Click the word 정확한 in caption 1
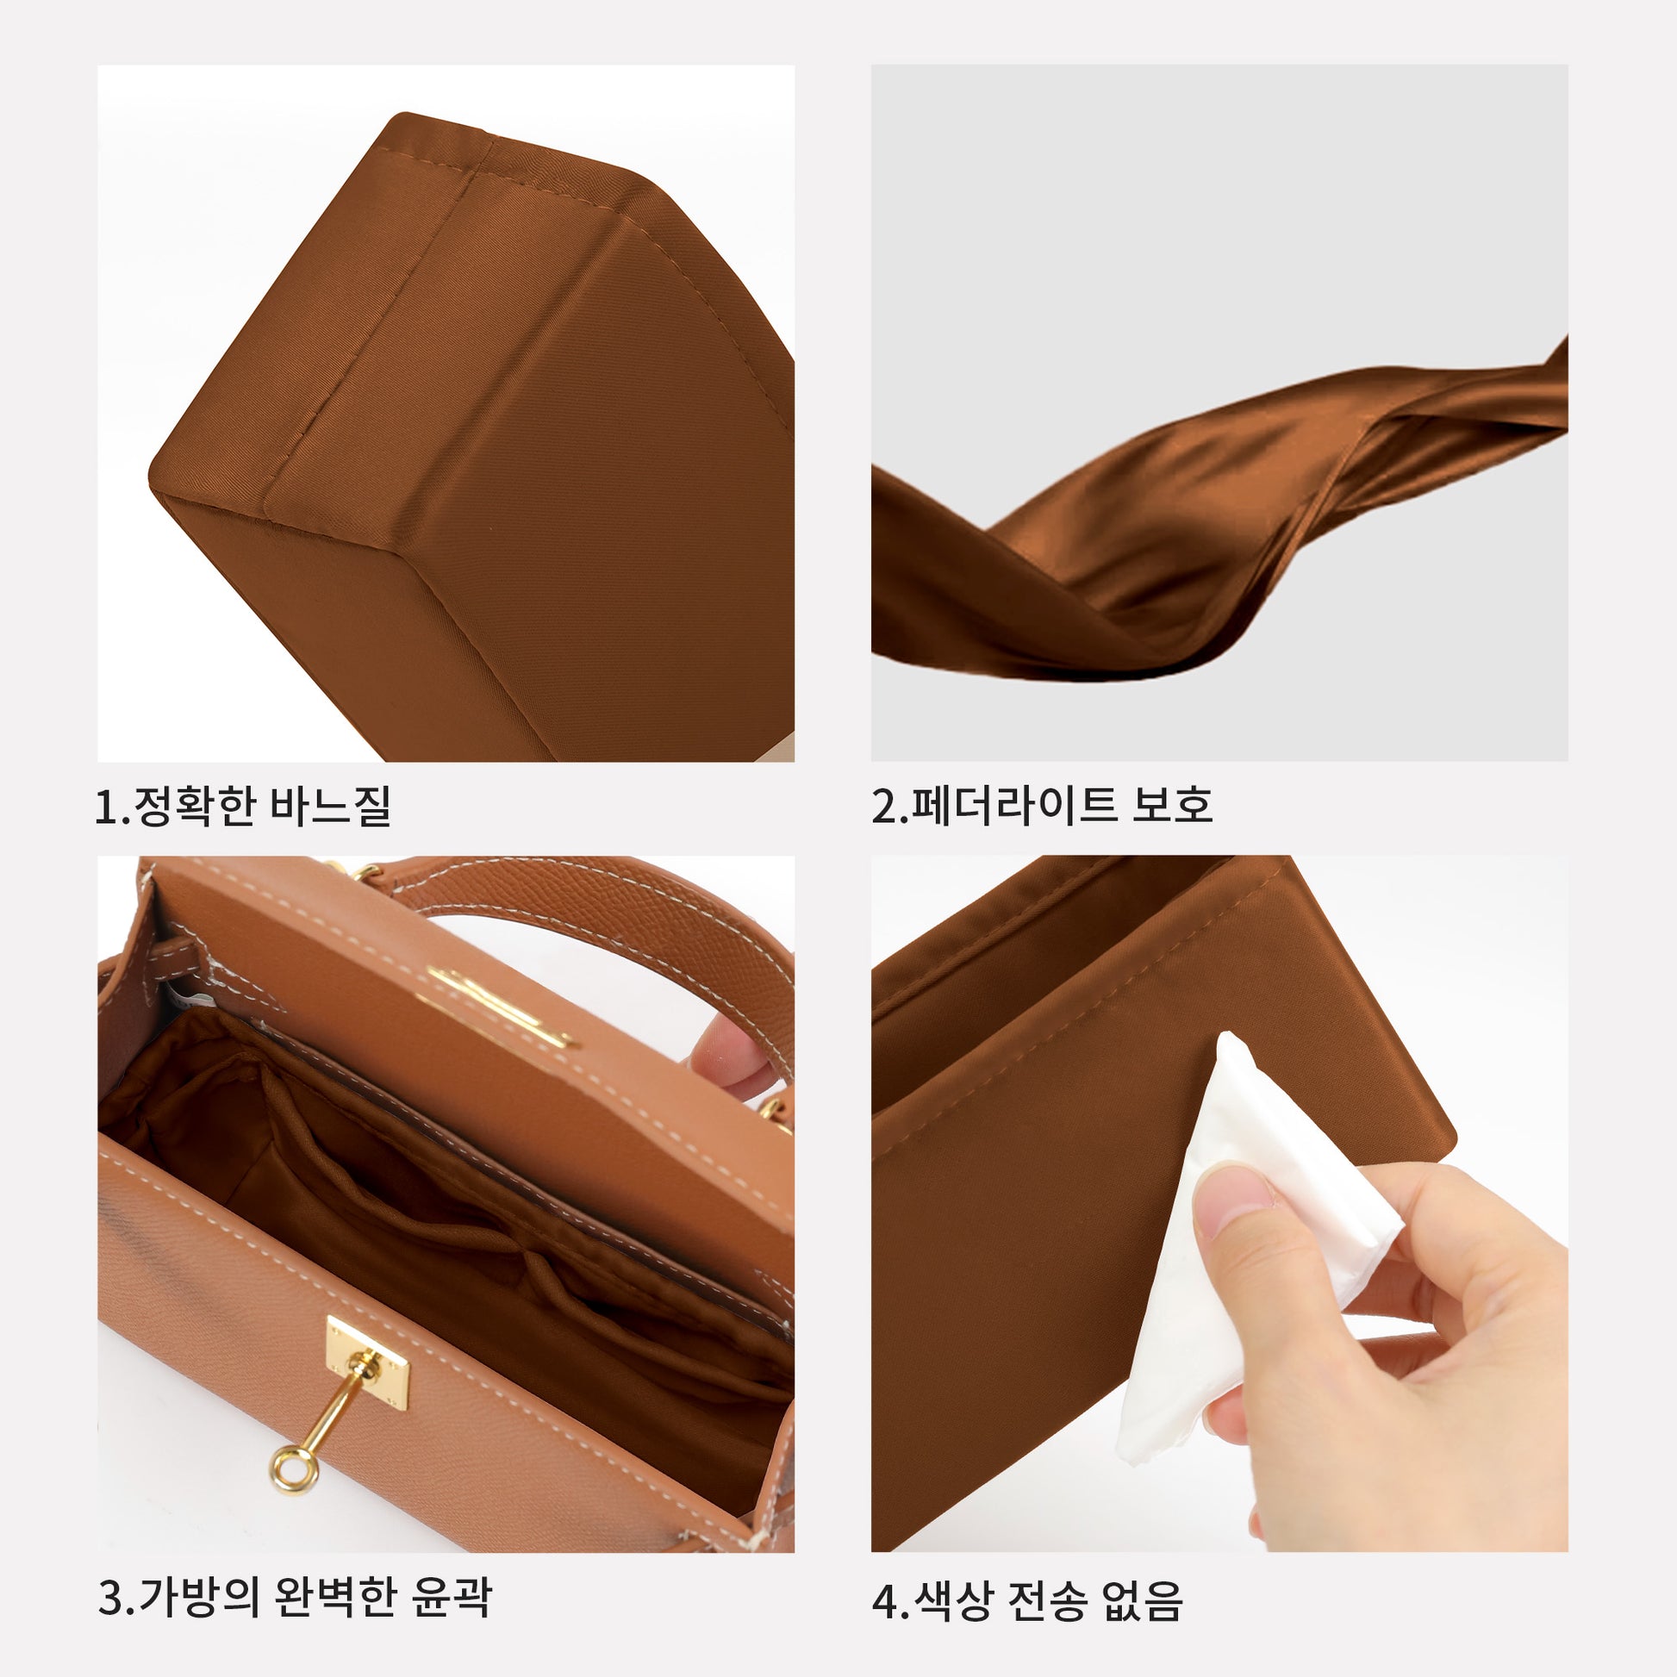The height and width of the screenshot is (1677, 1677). [195, 805]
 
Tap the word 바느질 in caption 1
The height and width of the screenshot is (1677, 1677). [330, 805]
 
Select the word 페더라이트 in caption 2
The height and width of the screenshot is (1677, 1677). [1012, 805]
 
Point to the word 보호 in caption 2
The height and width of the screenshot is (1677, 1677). [1171, 805]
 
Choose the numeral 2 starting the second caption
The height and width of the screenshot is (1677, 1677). [882, 806]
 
